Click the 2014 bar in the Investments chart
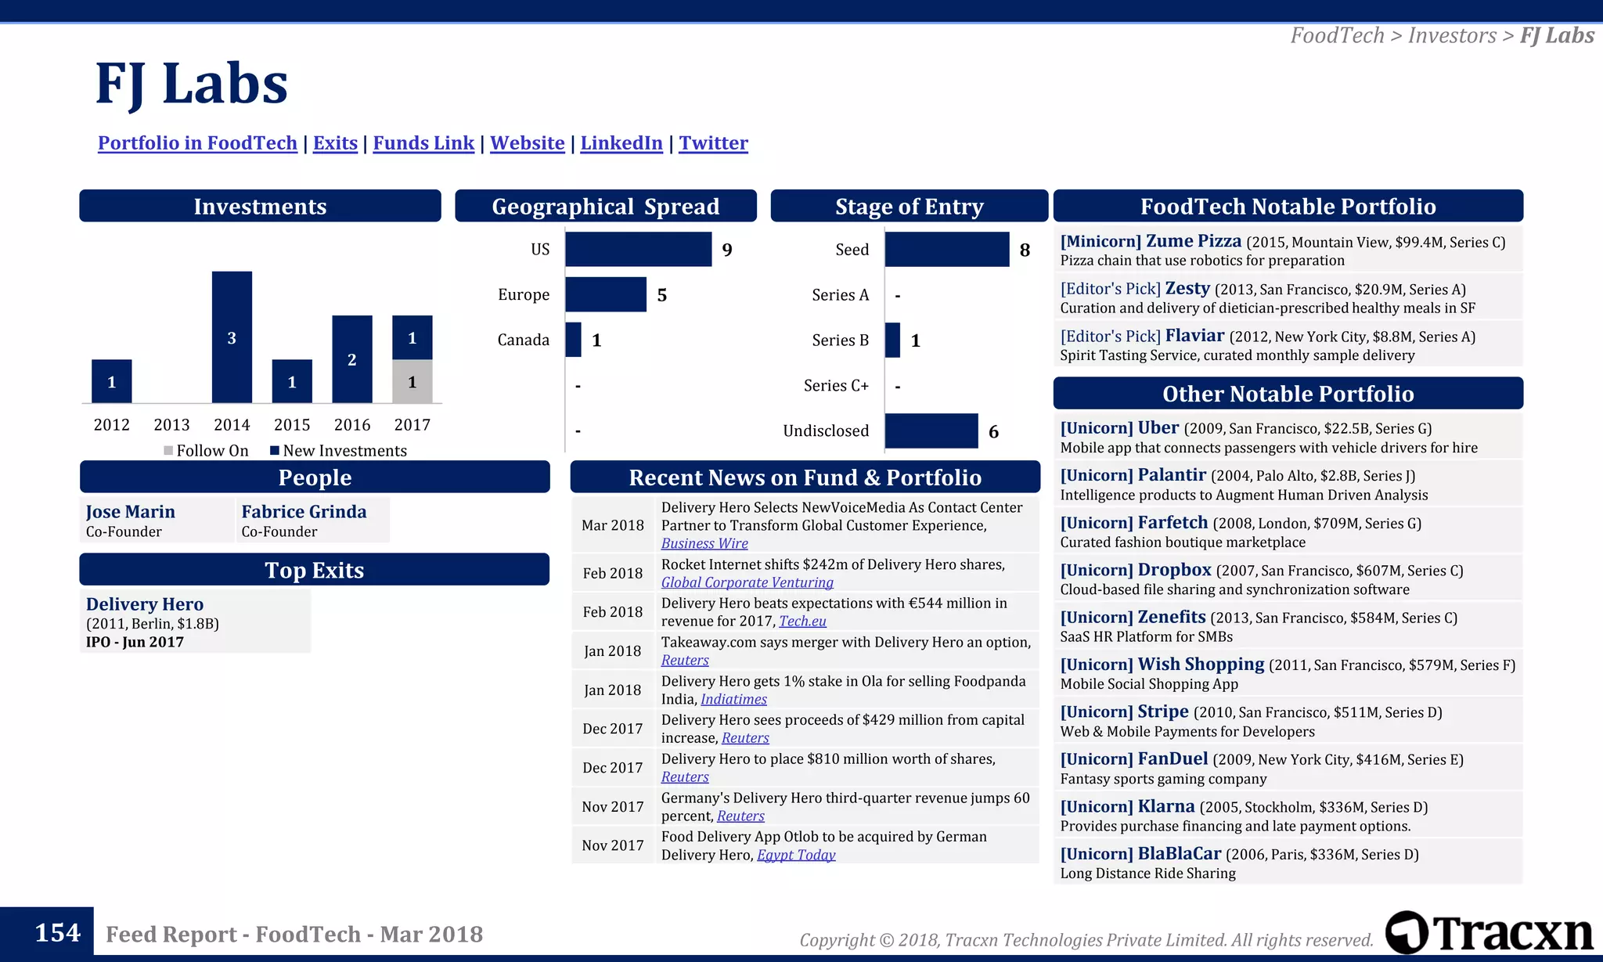[232, 337]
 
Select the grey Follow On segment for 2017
[412, 382]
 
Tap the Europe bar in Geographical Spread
[606, 294]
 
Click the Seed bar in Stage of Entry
[946, 250]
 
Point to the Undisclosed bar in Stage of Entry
[931, 431]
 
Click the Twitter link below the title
[713, 143]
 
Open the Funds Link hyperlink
[423, 143]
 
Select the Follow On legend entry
[207, 451]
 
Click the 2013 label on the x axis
[171, 425]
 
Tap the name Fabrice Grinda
[304, 512]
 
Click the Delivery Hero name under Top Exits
[145, 604]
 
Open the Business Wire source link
[704, 544]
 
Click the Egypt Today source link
[796, 856]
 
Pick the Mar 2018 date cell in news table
[613, 525]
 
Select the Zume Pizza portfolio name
[1193, 241]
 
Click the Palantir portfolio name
[1171, 475]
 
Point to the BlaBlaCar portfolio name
[1179, 854]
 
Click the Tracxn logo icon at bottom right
[1407, 932]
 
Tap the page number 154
[57, 933]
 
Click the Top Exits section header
[314, 570]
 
